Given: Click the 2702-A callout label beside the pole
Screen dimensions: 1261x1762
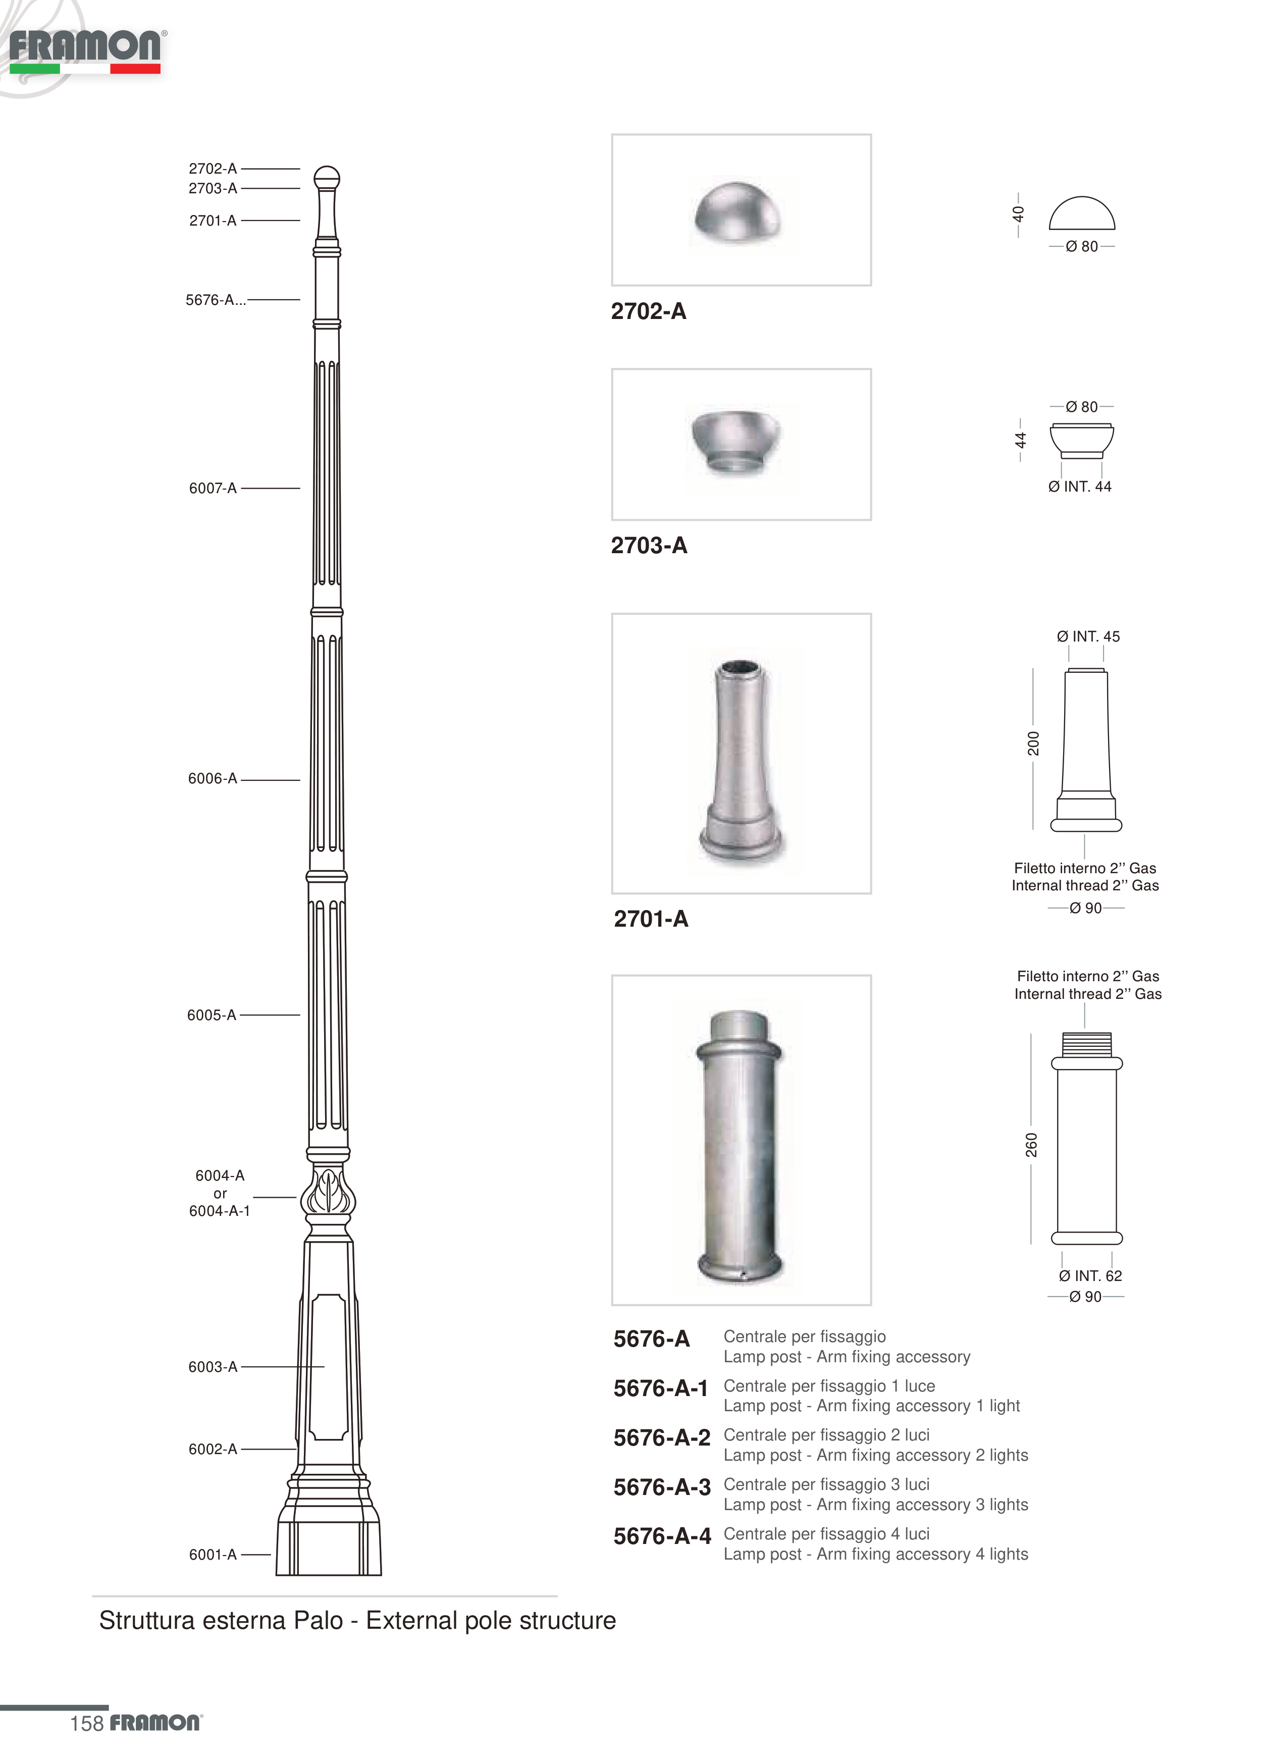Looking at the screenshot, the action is click(212, 169).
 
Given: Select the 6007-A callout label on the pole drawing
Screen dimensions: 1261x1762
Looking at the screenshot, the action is click(212, 488).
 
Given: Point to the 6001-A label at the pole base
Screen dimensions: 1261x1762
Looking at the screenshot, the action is click(213, 1555).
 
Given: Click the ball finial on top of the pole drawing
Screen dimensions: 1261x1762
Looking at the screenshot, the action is click(327, 178).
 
